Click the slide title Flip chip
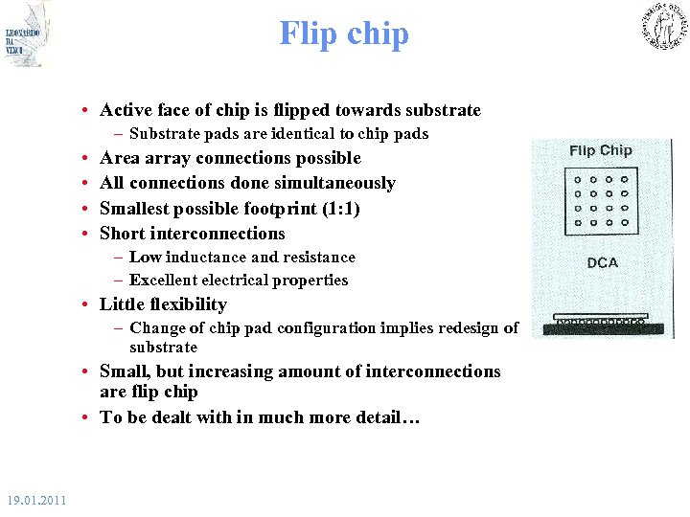344,34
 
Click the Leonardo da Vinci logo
27,35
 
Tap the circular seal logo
663,27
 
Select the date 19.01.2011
35,500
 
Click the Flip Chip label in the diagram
601,150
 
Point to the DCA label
602,262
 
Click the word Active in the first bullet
126,110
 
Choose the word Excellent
164,280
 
